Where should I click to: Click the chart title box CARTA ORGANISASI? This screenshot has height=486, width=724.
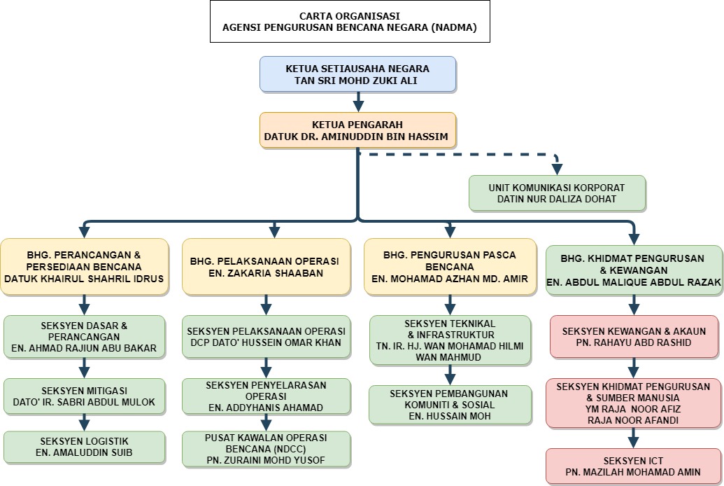point(350,22)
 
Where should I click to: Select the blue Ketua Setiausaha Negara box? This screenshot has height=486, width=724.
point(358,74)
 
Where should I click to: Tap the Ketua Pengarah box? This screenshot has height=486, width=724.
point(358,130)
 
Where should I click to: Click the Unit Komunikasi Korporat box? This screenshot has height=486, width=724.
point(558,193)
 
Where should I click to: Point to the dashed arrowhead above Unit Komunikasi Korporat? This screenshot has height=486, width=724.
point(558,169)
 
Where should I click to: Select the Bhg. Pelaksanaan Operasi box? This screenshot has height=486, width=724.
point(266,267)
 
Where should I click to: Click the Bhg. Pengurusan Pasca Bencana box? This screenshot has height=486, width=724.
point(450,267)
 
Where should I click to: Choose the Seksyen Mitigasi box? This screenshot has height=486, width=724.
point(84,396)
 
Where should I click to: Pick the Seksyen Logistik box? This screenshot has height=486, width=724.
point(84,447)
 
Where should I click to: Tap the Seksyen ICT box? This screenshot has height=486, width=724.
point(633,466)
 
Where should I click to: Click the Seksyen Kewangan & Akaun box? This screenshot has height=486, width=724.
point(634,337)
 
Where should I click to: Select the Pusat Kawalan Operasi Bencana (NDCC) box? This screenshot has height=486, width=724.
point(266,449)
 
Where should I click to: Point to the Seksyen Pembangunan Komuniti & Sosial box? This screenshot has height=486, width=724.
point(450,405)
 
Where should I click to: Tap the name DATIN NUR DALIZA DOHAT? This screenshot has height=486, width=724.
point(557,200)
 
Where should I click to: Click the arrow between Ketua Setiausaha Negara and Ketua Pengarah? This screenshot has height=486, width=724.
point(358,102)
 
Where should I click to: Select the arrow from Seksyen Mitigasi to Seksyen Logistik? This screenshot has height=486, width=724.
point(84,423)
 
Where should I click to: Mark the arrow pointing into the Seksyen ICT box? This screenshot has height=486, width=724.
point(633,438)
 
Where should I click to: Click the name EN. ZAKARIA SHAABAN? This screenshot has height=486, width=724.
point(266,273)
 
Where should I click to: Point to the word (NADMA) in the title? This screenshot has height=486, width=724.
point(454,27)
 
